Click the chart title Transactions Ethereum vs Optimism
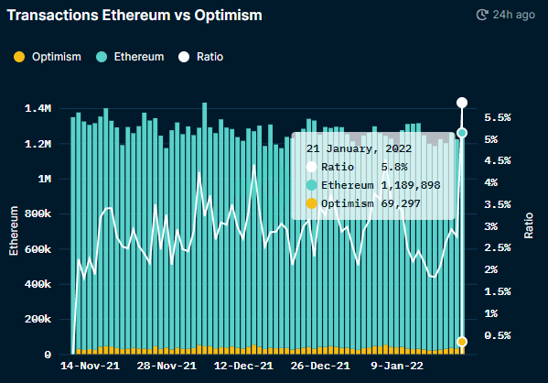(x=134, y=16)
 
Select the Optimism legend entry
(x=49, y=57)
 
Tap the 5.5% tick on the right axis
(x=498, y=117)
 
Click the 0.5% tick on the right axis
(x=498, y=335)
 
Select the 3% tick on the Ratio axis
(x=494, y=226)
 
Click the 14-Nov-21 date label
(x=90, y=366)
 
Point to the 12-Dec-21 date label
(x=242, y=366)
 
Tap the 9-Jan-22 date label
(x=396, y=366)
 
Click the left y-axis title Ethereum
(x=13, y=234)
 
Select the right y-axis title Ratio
(x=529, y=224)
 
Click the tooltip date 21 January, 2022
(x=358, y=148)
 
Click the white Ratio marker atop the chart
(x=462, y=103)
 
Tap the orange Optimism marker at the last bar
(x=462, y=342)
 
